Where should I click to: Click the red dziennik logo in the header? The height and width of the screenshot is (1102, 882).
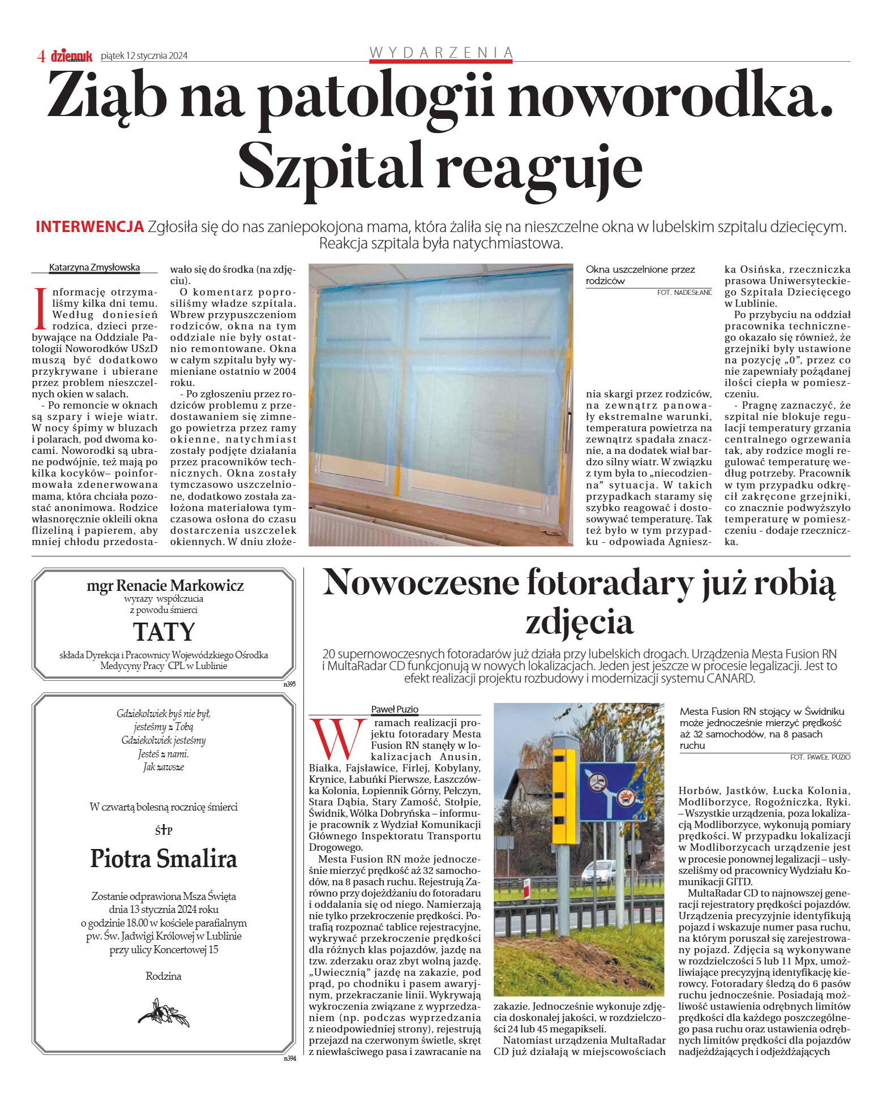coord(71,55)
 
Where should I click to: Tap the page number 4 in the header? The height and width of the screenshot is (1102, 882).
coord(41,56)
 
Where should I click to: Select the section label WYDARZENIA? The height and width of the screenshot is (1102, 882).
coord(440,53)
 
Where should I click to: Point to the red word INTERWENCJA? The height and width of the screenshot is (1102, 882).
coord(89,227)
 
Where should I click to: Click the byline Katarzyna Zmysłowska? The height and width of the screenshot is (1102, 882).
coord(95,267)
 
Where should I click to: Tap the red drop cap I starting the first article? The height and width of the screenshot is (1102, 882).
coord(40,309)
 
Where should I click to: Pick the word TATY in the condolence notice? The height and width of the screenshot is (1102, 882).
coord(164,632)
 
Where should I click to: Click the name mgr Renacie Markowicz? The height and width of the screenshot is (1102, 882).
coord(165,585)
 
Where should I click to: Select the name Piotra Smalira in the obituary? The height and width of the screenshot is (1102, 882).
coord(164,859)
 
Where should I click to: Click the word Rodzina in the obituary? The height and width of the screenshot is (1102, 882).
coord(164,976)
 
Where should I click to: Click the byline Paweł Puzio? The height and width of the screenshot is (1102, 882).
coord(395,709)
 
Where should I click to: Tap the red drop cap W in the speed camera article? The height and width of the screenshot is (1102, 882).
coord(337,739)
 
